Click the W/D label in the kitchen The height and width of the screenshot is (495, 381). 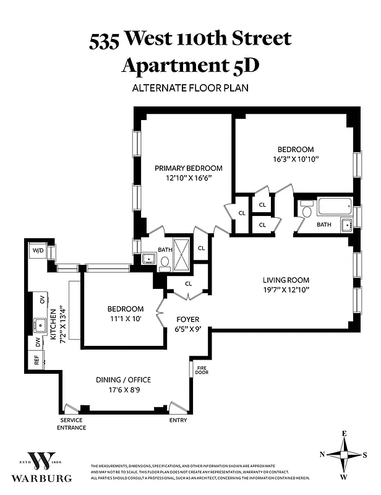click(38, 251)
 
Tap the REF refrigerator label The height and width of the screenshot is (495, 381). click(36, 361)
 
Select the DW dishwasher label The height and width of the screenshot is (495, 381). click(36, 341)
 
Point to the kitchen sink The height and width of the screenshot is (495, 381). click(41, 323)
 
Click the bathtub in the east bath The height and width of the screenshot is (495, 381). click(334, 207)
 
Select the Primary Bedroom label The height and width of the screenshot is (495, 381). click(188, 168)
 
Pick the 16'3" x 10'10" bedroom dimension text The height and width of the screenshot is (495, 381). click(295, 159)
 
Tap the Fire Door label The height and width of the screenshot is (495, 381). click(202, 371)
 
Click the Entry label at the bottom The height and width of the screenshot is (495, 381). click(178, 421)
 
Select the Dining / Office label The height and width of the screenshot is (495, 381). click(123, 380)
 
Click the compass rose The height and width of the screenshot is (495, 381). click(343, 455)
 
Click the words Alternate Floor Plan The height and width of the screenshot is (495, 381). click(190, 87)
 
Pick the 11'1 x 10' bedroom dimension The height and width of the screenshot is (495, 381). click(125, 319)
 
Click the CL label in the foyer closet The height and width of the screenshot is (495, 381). click(188, 283)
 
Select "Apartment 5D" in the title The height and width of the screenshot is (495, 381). click(190, 64)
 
